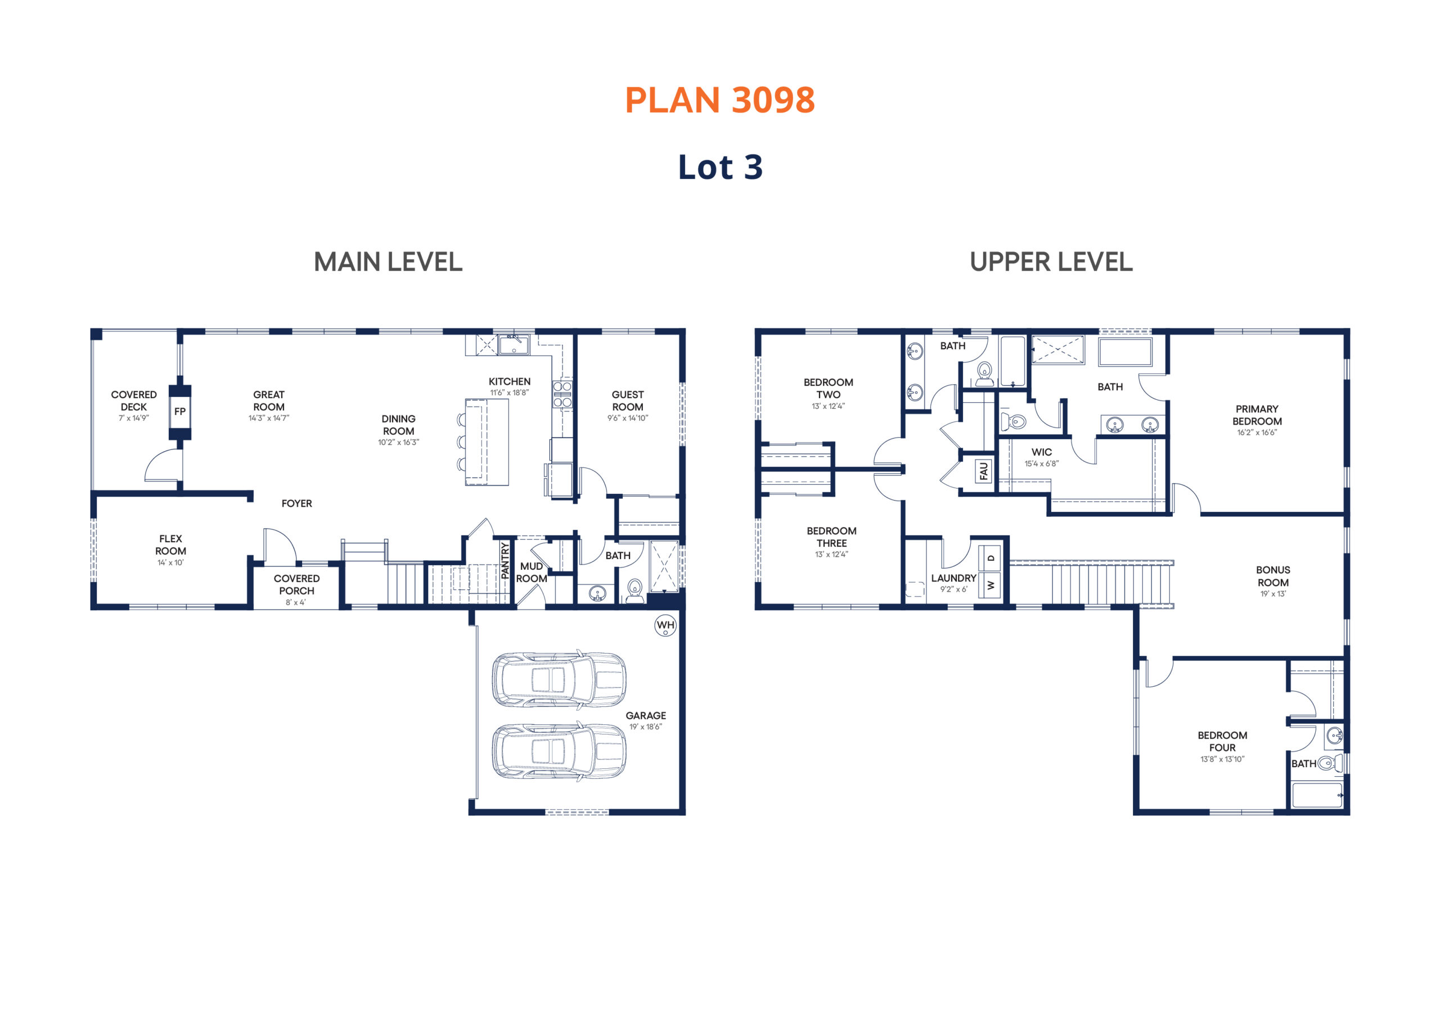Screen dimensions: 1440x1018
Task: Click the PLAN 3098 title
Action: tap(719, 100)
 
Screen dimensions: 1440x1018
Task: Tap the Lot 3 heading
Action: tap(720, 167)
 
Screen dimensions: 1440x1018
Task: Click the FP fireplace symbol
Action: tap(180, 412)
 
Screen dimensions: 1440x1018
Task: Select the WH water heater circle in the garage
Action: tap(665, 625)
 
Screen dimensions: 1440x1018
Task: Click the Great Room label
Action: tap(268, 401)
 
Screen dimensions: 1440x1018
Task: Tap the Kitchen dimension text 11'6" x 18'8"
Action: tap(509, 393)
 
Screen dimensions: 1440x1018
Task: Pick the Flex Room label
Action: tap(170, 545)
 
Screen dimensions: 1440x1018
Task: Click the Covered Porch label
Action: tap(296, 584)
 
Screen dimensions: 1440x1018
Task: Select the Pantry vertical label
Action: tap(505, 560)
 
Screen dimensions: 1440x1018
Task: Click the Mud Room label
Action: tap(531, 572)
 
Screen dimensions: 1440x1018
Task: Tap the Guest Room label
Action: tap(628, 401)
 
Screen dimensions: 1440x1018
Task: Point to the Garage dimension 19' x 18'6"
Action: tap(645, 727)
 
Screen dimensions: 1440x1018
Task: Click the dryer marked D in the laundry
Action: tap(991, 557)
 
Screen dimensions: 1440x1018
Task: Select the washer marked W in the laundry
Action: tap(991, 585)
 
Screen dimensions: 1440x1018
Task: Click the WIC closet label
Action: tap(1042, 452)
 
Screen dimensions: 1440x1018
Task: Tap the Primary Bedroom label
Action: tap(1257, 415)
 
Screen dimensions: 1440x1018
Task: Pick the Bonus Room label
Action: tap(1273, 576)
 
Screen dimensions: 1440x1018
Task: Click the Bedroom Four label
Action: tap(1222, 741)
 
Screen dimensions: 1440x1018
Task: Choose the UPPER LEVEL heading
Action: tap(1051, 262)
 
